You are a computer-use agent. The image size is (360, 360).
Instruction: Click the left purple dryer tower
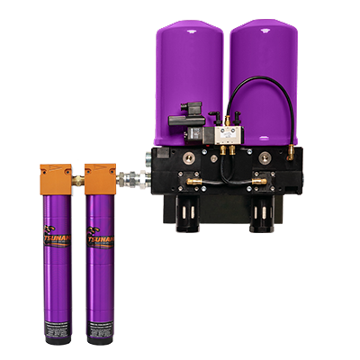pos(185,63)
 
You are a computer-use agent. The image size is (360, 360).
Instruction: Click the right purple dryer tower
pos(262,63)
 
